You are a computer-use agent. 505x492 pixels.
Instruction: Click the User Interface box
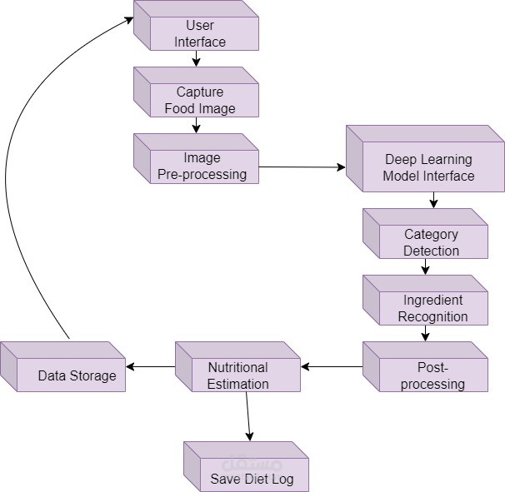tap(200, 34)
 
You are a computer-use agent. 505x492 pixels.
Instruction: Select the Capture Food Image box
tap(200, 100)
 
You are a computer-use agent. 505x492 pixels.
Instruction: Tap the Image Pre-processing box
tap(200, 166)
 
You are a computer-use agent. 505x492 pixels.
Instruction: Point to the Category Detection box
tap(428, 242)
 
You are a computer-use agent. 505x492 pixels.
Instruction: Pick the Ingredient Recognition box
tap(430, 308)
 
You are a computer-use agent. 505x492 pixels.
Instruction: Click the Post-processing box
tap(428, 375)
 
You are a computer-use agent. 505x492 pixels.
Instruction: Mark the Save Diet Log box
tap(250, 475)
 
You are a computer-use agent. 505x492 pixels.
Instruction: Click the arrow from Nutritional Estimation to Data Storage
tap(150, 365)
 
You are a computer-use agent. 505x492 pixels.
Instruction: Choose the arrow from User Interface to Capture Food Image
tap(196, 58)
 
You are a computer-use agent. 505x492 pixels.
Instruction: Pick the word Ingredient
tap(432, 300)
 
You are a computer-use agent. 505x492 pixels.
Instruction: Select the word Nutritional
tap(237, 367)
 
